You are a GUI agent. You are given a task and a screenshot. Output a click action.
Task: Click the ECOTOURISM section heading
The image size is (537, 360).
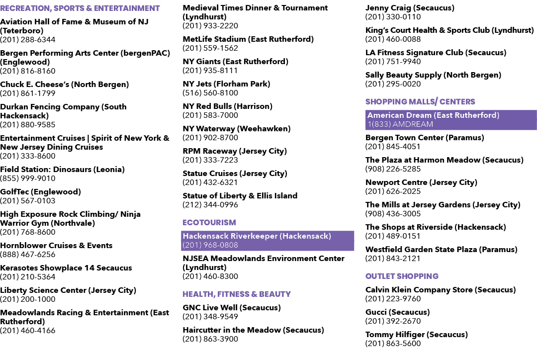click(209, 223)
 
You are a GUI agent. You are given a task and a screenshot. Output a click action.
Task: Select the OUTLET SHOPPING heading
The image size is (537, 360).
click(402, 276)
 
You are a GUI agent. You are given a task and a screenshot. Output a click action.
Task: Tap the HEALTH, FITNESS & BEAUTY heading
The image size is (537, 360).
click(237, 294)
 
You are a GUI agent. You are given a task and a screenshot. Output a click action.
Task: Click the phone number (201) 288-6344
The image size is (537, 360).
click(28, 40)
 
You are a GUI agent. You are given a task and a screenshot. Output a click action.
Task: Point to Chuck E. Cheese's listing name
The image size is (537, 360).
click(64, 85)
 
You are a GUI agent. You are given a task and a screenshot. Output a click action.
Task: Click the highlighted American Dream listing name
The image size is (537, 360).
click(433, 115)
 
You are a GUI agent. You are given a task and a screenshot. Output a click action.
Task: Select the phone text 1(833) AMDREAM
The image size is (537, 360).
click(400, 124)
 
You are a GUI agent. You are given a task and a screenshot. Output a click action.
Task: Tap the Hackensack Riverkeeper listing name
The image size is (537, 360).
click(257, 236)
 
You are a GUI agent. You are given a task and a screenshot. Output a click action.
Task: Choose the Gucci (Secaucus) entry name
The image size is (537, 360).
click(398, 312)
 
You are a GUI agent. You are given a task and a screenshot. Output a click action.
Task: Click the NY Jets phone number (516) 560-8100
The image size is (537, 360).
click(210, 93)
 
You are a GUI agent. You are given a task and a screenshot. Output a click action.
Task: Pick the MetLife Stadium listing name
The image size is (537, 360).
click(248, 39)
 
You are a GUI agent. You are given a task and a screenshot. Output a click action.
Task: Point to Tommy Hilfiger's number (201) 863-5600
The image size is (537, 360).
click(393, 344)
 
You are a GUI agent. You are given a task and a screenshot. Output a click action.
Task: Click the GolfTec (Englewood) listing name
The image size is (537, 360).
click(40, 192)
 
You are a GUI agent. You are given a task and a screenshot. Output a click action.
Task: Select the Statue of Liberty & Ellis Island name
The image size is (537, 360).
click(240, 196)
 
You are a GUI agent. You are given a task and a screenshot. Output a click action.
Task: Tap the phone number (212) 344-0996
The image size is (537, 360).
click(210, 205)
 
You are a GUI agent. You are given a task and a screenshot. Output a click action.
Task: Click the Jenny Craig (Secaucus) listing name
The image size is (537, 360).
click(410, 8)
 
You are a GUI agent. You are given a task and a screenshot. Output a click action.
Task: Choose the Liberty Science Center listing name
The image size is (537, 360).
click(68, 290)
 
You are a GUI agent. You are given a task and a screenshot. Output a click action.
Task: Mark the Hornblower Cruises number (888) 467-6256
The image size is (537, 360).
click(28, 255)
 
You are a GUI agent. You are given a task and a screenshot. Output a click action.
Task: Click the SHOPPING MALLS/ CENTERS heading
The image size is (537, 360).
click(420, 102)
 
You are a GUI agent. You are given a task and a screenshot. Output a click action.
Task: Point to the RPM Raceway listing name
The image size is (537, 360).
click(235, 151)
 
